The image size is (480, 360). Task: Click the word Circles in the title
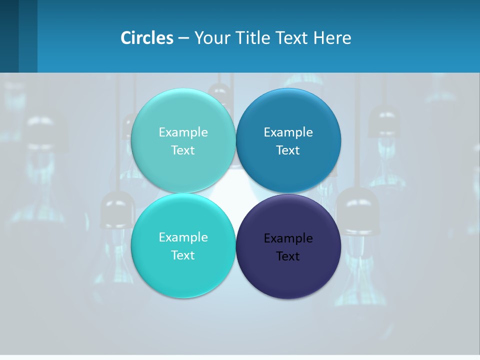[147, 37]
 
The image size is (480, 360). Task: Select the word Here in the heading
[332, 37]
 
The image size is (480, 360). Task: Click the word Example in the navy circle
[288, 238]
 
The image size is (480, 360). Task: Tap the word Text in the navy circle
[288, 256]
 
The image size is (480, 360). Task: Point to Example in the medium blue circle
[288, 132]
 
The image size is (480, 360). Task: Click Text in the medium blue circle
[288, 150]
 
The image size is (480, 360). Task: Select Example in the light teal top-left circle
[183, 132]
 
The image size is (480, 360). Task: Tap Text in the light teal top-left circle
[183, 150]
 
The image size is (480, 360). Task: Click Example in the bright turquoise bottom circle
[183, 237]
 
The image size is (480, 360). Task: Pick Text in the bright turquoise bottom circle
[183, 255]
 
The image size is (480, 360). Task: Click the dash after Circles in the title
[183, 38]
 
